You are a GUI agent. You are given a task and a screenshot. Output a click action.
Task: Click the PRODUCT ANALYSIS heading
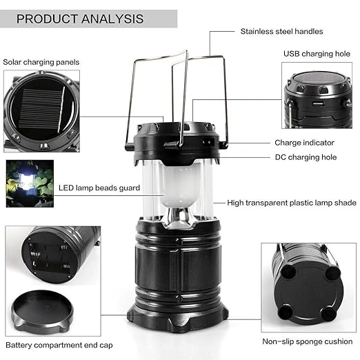tap(80, 19)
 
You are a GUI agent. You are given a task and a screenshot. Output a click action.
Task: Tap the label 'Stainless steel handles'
tap(281, 31)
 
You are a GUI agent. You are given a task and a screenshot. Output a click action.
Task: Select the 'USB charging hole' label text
tap(317, 53)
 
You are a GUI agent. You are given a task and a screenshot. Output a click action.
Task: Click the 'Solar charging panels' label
tap(41, 62)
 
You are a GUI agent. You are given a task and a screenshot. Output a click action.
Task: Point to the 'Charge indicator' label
tap(304, 143)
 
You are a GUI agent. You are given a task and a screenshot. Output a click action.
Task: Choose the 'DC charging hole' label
tap(306, 157)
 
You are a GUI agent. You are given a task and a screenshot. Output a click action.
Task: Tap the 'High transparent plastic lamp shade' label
tap(292, 203)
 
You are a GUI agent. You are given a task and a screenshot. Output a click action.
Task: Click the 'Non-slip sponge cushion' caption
tap(307, 341)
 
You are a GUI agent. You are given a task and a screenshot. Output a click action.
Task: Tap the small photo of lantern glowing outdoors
tap(29, 183)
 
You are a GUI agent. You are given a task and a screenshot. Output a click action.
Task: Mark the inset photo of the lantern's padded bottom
tap(307, 285)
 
